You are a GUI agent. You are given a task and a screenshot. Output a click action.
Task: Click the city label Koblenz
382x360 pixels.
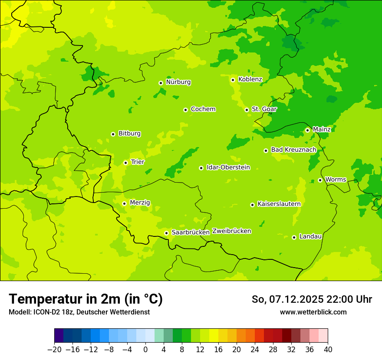250,79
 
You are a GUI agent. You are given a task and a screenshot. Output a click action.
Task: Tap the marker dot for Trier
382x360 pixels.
125,163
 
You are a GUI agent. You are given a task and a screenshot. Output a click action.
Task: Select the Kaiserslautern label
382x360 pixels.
279,204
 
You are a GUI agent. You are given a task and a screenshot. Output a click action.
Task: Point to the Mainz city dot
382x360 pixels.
307,130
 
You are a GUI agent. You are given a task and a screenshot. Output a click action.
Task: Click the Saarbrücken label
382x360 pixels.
191,232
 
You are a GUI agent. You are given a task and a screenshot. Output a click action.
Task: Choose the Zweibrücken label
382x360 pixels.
231,231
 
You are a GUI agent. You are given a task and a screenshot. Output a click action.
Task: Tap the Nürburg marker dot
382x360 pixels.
161,83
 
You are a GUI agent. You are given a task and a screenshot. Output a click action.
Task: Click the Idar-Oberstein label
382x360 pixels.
228,167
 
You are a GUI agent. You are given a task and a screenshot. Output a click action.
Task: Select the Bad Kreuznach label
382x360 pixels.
293,150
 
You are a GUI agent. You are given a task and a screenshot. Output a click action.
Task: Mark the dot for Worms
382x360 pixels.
320,180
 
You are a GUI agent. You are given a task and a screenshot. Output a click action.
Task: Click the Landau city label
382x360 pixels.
310,236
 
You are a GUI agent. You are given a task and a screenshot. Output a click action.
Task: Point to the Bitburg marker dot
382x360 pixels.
113,134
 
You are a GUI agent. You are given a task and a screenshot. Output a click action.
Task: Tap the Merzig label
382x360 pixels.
140,203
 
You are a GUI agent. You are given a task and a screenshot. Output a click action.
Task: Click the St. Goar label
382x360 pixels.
264,109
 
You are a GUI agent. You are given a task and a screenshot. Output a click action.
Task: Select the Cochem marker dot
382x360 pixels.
185,110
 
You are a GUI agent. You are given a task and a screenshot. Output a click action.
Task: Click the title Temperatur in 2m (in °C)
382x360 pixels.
86,299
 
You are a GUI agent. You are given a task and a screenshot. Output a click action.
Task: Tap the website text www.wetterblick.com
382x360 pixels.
313,312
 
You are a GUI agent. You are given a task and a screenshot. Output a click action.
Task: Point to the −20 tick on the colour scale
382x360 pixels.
54,350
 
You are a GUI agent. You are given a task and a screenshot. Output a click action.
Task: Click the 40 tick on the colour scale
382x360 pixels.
328,350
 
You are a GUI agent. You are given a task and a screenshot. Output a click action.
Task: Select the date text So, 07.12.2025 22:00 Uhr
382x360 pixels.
312,299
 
